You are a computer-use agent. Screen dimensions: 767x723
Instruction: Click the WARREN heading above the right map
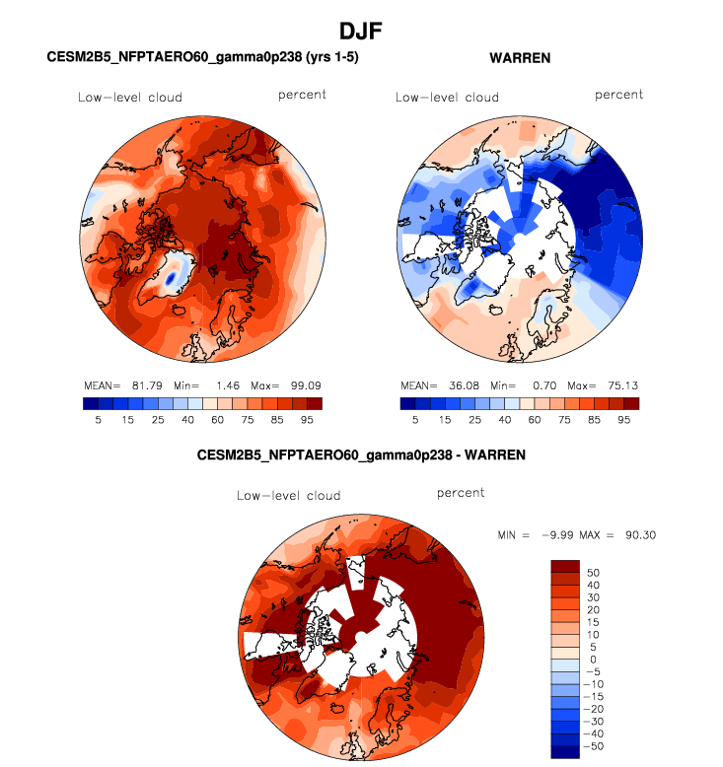tap(520, 58)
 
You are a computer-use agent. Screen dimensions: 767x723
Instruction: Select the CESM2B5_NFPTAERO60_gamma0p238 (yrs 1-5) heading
tap(202, 58)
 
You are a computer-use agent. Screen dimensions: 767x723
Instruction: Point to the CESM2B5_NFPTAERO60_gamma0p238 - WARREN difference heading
tap(362, 455)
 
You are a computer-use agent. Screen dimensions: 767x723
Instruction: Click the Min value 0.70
tap(544, 383)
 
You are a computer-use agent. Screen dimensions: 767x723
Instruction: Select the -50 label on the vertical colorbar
tap(597, 746)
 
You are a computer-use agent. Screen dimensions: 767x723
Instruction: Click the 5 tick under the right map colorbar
tap(414, 419)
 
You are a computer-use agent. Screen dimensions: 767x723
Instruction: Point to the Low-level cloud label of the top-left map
tap(130, 97)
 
